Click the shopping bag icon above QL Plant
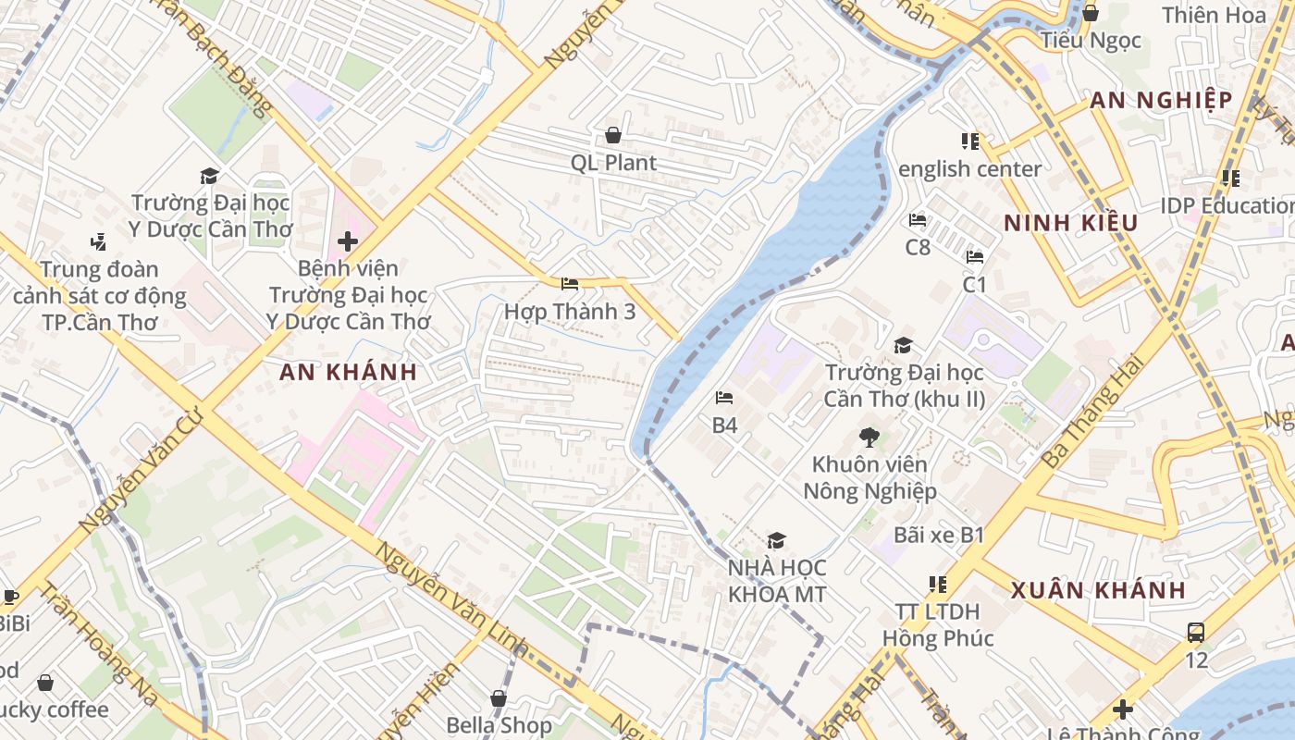612,136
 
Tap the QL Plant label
613,163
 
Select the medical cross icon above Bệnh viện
348,242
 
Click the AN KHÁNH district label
348,373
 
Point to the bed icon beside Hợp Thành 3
570,284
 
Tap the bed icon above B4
724,399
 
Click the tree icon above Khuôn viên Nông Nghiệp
869,437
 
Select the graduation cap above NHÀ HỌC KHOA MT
776,540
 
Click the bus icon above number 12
1196,633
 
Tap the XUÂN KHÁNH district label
1098,590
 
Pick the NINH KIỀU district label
1070,223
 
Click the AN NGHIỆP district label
1161,101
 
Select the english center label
969,169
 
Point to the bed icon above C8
918,220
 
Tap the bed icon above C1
975,257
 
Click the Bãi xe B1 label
939,535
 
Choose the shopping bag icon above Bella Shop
499,698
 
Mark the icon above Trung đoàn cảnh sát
98,242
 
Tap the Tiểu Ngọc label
1091,41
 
